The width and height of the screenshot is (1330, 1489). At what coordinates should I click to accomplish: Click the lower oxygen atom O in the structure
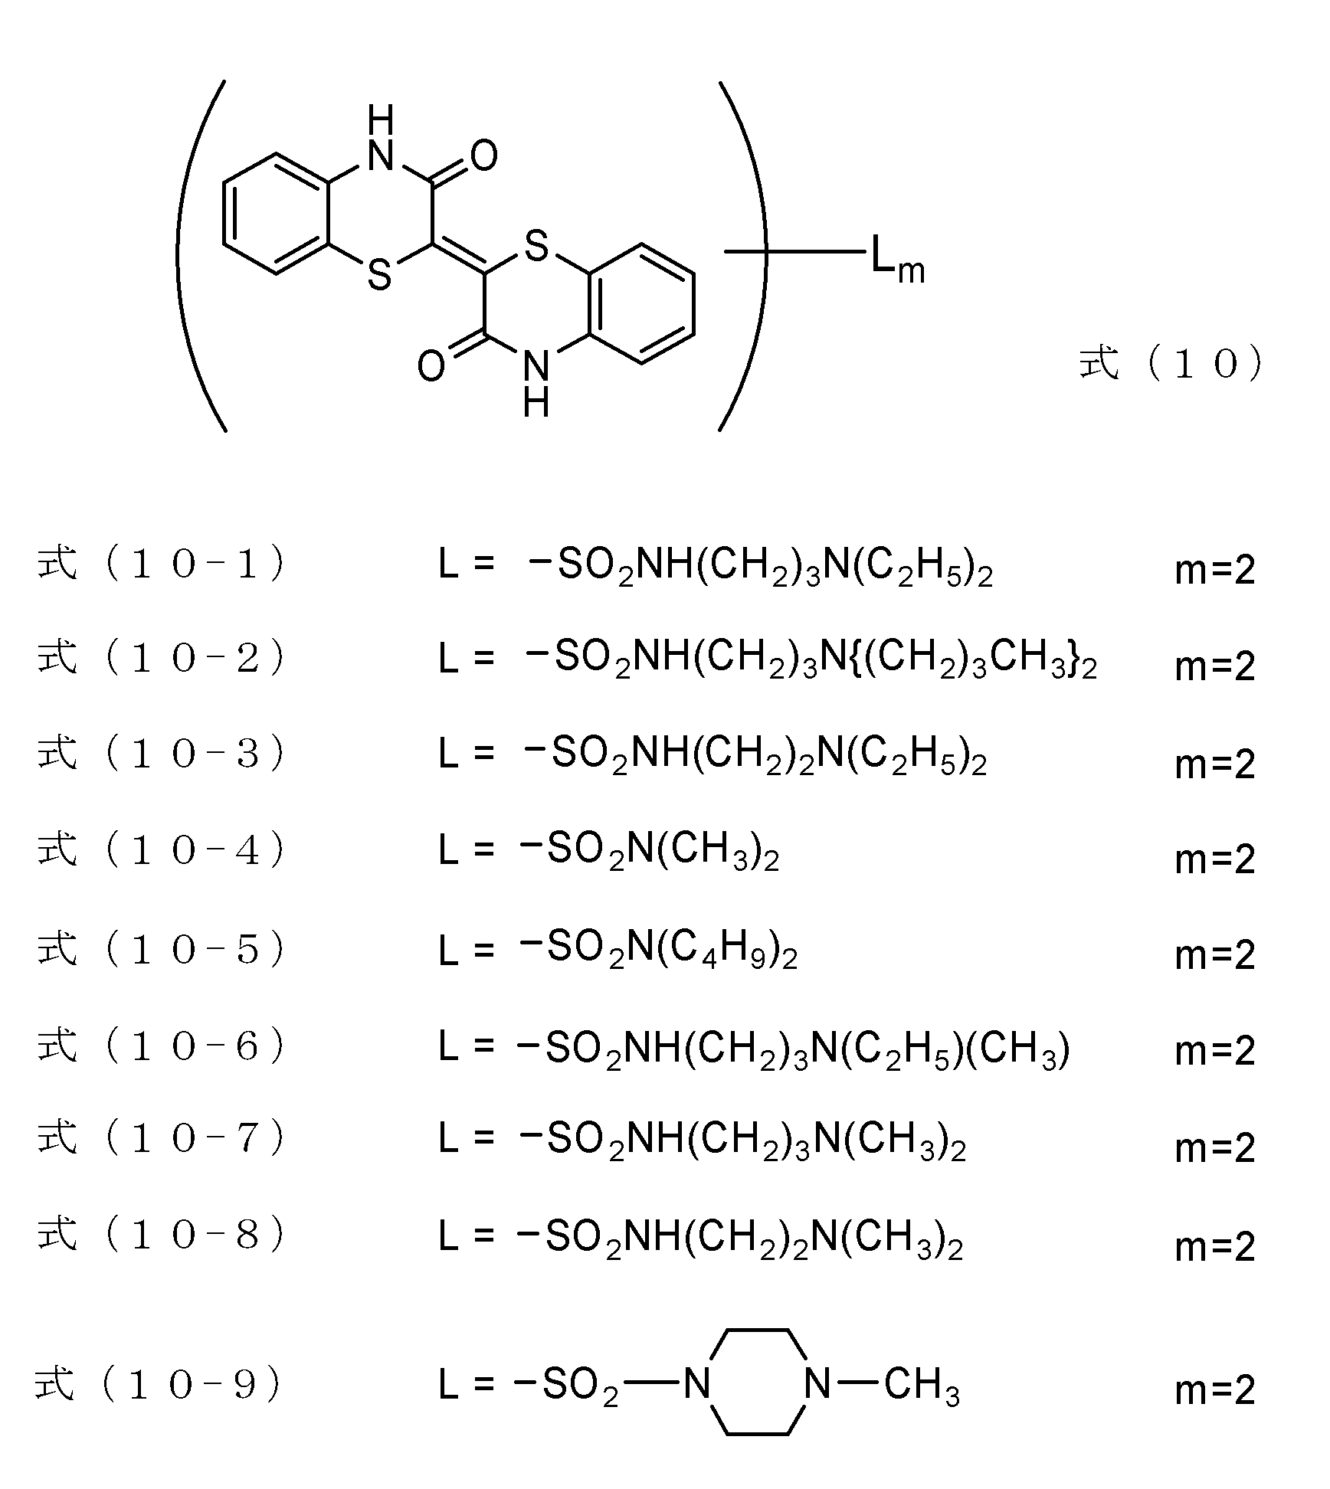coord(431,366)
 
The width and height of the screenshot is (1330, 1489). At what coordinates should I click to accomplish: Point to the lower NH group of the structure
coord(536,383)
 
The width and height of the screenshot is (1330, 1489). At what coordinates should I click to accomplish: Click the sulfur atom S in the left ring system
coord(380,274)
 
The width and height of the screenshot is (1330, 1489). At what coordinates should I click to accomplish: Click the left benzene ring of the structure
coord(276,214)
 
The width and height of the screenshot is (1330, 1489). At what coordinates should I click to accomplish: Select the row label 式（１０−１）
coord(161,565)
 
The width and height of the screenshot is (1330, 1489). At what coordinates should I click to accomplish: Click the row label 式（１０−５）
coord(161,950)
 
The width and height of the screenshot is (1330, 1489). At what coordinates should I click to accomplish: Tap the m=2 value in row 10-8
coord(1215,1246)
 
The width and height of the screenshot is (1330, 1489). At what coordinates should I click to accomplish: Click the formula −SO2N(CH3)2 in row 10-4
coord(650,851)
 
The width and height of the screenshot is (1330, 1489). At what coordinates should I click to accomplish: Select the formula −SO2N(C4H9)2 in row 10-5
coord(659,948)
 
